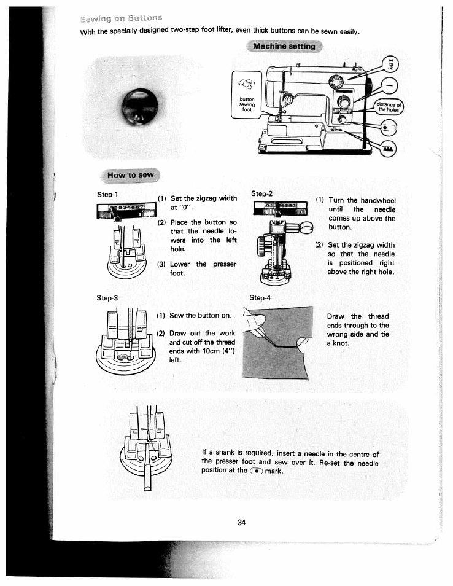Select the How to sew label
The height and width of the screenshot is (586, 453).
pyautogui.click(x=130, y=175)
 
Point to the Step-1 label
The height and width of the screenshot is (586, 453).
pyautogui.click(x=107, y=195)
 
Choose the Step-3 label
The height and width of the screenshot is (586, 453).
pyautogui.click(x=107, y=298)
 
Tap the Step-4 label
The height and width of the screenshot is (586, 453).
pyautogui.click(x=260, y=298)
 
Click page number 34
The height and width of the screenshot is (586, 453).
pyautogui.click(x=241, y=523)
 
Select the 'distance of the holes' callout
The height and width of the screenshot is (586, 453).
pyautogui.click(x=389, y=107)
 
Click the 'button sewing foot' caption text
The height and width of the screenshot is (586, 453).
pyautogui.click(x=247, y=105)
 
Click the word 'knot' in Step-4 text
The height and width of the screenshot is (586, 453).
pyautogui.click(x=341, y=343)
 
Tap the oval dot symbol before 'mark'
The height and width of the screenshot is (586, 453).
pyautogui.click(x=255, y=471)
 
